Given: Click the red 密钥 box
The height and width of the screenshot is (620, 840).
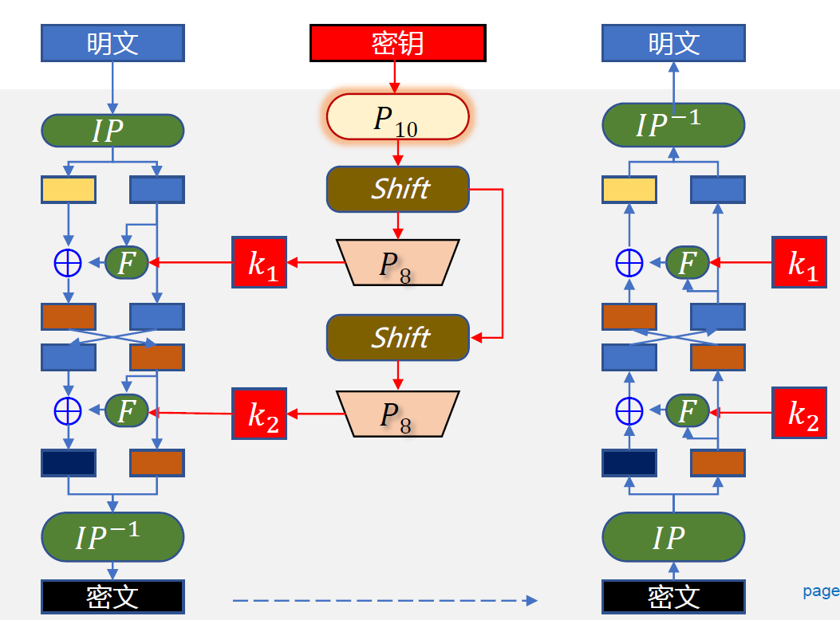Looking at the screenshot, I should point(397,43).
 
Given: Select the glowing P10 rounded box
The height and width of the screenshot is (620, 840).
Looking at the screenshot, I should point(397,116).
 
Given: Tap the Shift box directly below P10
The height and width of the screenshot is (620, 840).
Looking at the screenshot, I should point(397,189).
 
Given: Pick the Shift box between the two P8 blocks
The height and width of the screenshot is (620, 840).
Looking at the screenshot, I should point(397,337).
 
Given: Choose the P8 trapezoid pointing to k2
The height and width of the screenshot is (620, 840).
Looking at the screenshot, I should point(397,414).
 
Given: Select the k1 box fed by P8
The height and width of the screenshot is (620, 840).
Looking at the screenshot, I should point(259,262).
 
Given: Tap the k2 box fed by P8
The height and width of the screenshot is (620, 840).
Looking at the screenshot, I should point(259,413).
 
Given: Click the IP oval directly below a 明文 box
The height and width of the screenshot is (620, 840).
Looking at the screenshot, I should point(112,130).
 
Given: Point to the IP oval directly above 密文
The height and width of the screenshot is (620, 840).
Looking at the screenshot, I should point(673,538).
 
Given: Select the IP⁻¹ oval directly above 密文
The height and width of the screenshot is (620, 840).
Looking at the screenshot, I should point(112,536).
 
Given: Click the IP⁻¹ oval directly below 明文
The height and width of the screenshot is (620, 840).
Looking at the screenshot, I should point(673,124).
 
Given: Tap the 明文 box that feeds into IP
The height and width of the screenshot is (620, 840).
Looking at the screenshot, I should point(112,43).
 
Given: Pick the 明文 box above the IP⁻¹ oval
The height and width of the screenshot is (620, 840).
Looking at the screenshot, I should point(673,43).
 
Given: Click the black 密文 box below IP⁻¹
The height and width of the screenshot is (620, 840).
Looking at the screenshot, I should point(112,596).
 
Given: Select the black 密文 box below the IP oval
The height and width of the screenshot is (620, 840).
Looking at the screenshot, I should point(673,596).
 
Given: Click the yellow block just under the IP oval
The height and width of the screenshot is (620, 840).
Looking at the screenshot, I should point(69,190).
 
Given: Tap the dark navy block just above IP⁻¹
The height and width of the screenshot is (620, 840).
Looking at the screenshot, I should point(69,463).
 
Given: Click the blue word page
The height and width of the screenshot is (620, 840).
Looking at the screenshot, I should point(821,591).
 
